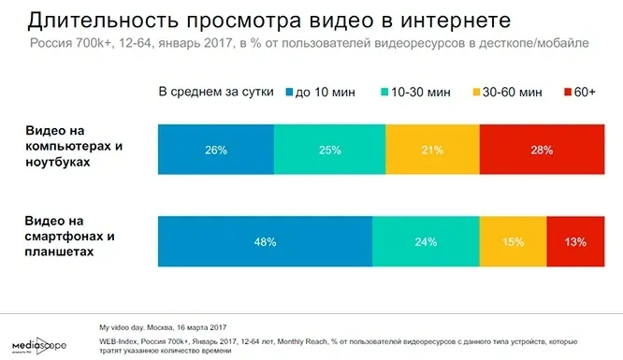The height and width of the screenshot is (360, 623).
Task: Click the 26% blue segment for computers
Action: (216, 150)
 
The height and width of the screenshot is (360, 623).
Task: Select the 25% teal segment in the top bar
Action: (330, 150)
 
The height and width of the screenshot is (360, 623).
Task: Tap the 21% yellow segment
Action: (432, 150)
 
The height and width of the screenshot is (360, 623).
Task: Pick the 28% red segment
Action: (542, 150)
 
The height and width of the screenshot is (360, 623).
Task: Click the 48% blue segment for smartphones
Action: (265, 241)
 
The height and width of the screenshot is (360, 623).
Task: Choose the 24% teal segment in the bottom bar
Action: (426, 241)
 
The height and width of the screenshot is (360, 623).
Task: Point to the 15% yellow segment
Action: (513, 241)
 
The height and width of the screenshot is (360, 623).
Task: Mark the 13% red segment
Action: (575, 241)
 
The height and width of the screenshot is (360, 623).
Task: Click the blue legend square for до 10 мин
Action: (289, 93)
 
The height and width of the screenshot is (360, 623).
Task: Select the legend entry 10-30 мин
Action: (415, 93)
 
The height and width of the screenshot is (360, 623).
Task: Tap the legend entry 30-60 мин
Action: (507, 93)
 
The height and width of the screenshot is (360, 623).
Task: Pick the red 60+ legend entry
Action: (580, 93)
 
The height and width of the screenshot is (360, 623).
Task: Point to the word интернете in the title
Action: (456, 21)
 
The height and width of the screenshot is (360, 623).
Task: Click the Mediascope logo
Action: (39, 345)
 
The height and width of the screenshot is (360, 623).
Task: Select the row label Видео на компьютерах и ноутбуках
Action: (74, 146)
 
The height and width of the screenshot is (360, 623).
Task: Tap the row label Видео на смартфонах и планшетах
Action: (69, 236)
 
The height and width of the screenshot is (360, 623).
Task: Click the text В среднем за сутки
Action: (216, 93)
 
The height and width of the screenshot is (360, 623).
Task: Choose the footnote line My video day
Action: (163, 327)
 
